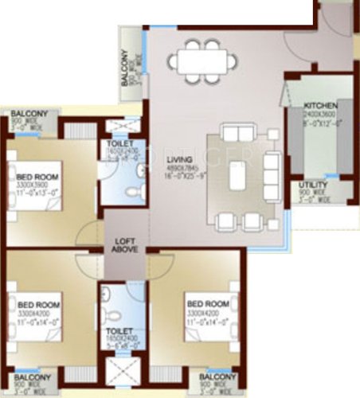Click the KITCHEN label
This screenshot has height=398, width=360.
320,105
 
